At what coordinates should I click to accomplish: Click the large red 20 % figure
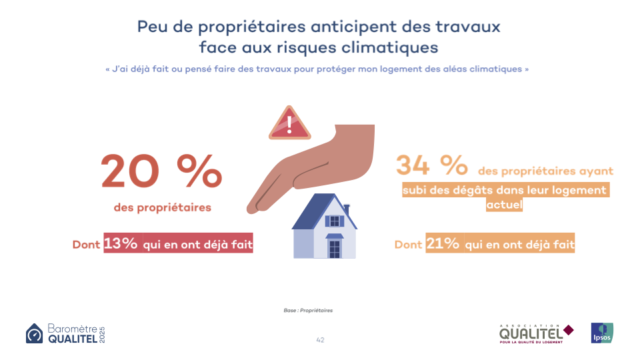[161, 172]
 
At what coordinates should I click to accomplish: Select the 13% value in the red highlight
[121, 244]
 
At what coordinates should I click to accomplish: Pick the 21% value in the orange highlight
[443, 244]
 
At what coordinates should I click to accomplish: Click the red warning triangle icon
[289, 123]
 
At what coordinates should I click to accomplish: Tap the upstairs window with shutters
[335, 221]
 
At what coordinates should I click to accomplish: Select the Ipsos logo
[602, 333]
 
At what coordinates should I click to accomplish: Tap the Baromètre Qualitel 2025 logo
[65, 333]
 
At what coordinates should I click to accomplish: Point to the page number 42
[320, 340]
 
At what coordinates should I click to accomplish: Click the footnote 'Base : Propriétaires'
[308, 311]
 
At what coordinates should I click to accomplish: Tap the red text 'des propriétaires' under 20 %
[163, 207]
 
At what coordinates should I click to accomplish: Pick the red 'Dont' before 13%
[87, 245]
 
